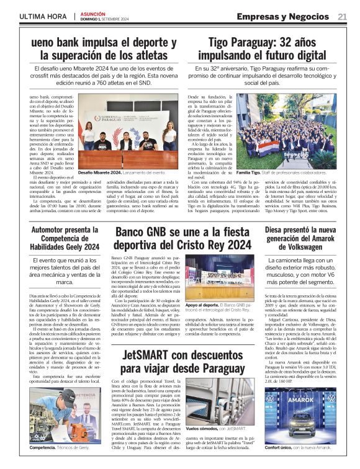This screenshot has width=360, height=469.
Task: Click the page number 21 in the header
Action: pyautogui.click(x=342, y=17)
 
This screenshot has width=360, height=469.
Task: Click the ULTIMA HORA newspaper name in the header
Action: pyautogui.click(x=42, y=17)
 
